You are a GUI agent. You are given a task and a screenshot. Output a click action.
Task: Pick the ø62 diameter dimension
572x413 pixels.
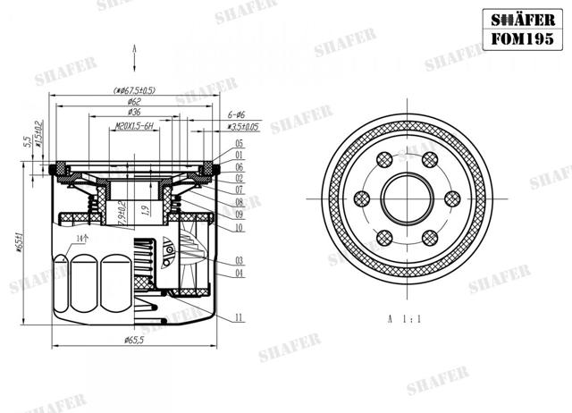click(x=134, y=102)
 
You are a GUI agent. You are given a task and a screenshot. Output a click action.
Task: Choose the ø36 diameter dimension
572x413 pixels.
click(x=134, y=114)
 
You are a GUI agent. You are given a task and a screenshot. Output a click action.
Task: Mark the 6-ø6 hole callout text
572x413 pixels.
click(x=237, y=115)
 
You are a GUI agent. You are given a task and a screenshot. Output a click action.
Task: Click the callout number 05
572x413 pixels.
click(x=240, y=144)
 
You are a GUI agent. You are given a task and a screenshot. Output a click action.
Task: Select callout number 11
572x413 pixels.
click(x=240, y=317)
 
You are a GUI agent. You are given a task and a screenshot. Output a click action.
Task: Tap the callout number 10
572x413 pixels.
click(x=240, y=228)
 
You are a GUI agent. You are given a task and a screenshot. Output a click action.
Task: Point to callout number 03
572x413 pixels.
click(x=240, y=260)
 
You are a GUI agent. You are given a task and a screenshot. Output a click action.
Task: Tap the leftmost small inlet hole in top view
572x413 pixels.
click(x=364, y=198)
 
